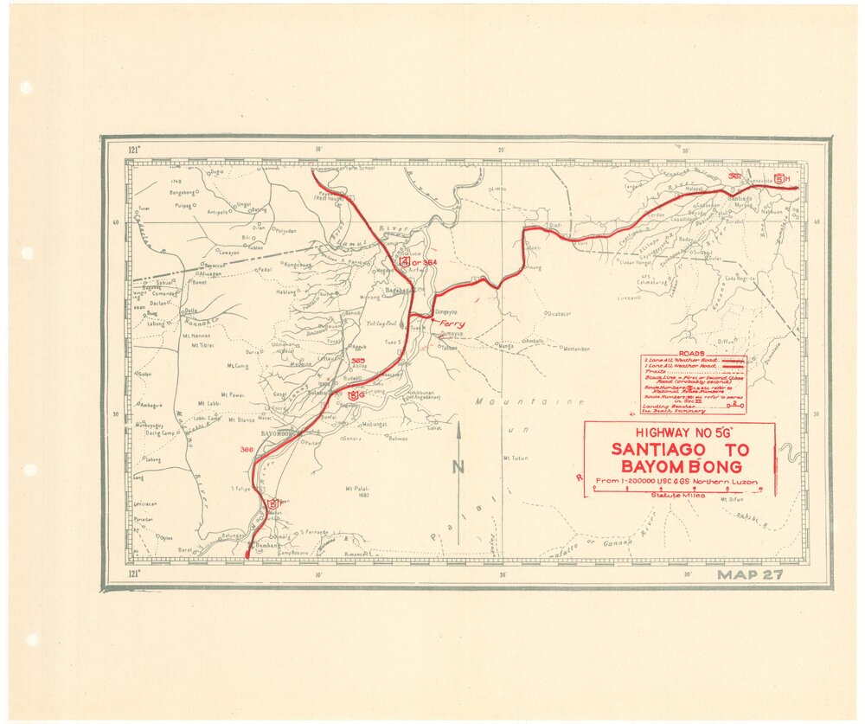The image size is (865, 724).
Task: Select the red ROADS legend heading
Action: click(x=693, y=355)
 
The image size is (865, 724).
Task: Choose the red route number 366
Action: click(x=247, y=449)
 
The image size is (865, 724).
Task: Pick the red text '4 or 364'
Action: click(x=417, y=260)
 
